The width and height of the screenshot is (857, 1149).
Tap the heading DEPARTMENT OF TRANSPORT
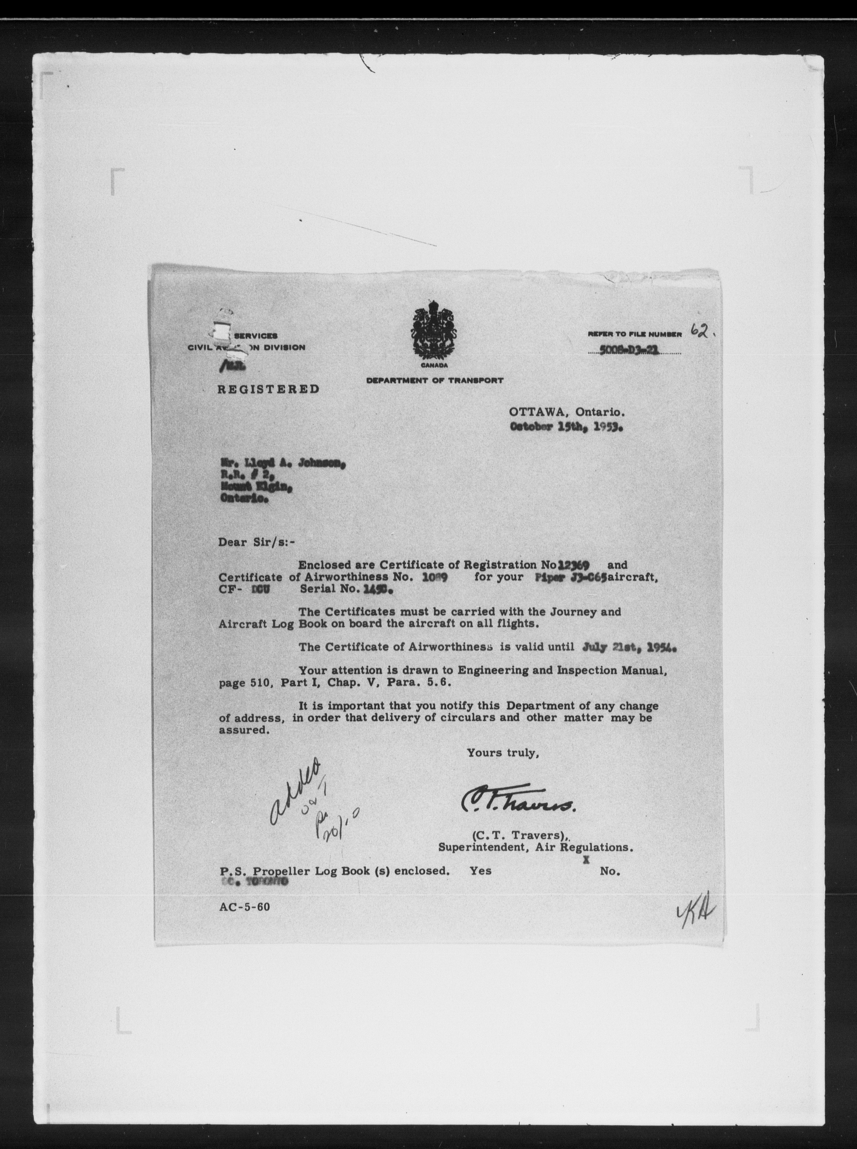click(x=435, y=380)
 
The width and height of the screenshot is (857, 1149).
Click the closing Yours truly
click(x=502, y=753)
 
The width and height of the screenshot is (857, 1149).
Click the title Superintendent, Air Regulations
click(x=535, y=848)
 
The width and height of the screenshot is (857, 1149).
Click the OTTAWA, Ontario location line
click(x=566, y=413)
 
